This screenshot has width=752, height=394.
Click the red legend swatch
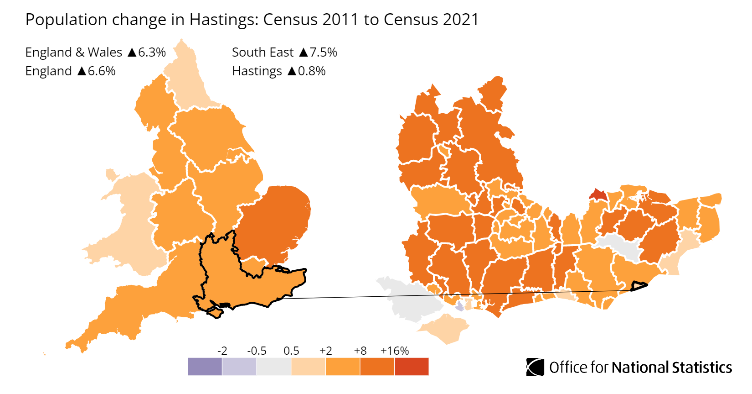pos(412,367)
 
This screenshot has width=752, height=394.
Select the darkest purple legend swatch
pos(205,367)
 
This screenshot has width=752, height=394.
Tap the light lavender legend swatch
pos(239,367)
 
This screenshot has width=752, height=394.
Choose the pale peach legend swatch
pos(308,367)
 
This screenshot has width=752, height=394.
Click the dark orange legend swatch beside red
pos(377,367)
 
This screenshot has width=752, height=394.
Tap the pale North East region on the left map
pos(187,82)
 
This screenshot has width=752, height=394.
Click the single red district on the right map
pos(598,195)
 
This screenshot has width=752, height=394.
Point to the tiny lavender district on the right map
pos(460,306)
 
